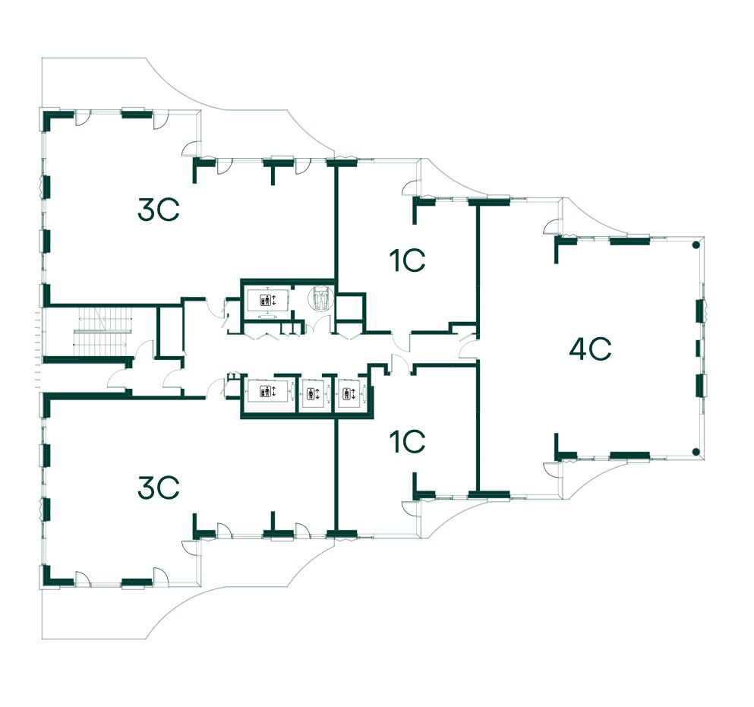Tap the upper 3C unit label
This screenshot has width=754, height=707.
(x=158, y=209)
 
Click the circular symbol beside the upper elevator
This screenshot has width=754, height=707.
(x=320, y=298)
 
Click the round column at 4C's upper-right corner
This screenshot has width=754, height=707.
(x=695, y=245)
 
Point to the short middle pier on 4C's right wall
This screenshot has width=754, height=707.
(x=699, y=349)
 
